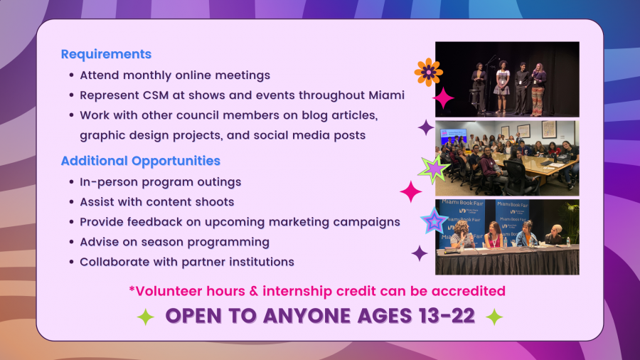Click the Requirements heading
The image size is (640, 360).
[x=106, y=54]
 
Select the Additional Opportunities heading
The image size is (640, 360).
[x=140, y=161]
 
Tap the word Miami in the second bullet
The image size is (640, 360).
[x=387, y=95]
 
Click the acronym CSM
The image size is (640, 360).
[x=156, y=95]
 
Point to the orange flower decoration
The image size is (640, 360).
[x=429, y=73]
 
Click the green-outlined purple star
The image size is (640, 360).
[x=434, y=169]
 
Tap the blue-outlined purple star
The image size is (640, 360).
[x=434, y=221]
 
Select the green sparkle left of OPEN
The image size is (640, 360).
[x=146, y=317]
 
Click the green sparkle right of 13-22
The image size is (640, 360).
[x=494, y=317]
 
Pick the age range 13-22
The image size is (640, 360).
[x=447, y=315]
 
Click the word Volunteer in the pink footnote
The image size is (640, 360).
[x=169, y=291]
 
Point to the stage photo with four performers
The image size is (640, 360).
[x=507, y=79]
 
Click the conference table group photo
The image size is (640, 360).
[x=507, y=158]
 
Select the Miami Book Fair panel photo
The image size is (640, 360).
[x=507, y=237]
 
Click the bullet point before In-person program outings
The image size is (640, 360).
[x=71, y=181]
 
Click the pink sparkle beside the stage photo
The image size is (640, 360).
[x=443, y=98]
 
